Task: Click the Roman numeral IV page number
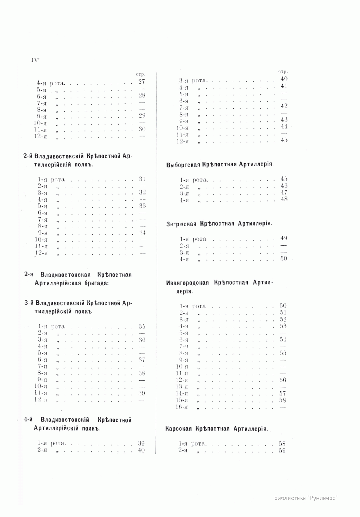(x=35, y=59)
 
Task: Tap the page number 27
(x=142, y=82)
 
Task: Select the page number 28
(x=142, y=95)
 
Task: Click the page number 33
(x=142, y=206)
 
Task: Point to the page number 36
(x=142, y=340)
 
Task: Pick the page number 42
(x=284, y=106)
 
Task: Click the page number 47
(x=284, y=193)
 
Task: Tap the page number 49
(x=283, y=239)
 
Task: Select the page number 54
(x=283, y=339)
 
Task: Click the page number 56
(x=283, y=380)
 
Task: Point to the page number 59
(x=282, y=450)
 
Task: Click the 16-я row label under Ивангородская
(x=182, y=407)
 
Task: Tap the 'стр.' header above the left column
(x=141, y=74)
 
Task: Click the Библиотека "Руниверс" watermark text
(x=306, y=498)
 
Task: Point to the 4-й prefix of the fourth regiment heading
(x=28, y=420)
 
